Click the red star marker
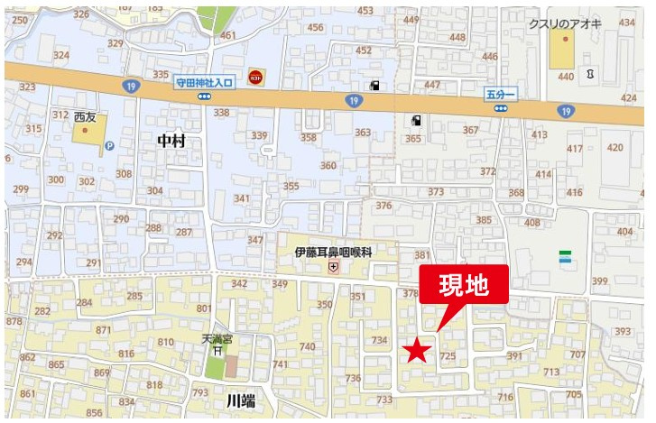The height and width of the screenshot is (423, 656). click(416, 350)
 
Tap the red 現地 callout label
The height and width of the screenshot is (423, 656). click(463, 285)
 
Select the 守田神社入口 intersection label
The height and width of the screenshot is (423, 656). click(204, 82)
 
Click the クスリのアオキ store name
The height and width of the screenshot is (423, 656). click(565, 24)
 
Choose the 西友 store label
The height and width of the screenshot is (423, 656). click(85, 117)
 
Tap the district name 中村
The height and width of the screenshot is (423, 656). click(171, 141)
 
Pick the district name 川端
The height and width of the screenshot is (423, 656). click(241, 400)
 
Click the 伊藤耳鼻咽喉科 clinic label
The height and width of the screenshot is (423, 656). click(333, 253)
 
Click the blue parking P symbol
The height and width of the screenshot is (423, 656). click(109, 145)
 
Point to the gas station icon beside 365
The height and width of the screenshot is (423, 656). click(416, 120)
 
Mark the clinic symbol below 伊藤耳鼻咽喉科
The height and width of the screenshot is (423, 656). click(333, 267)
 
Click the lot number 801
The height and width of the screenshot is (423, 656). click(204, 309)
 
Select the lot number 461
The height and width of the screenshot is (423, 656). click(227, 36)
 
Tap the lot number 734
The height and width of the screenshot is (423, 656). click(380, 341)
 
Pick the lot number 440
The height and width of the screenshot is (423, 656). click(565, 78)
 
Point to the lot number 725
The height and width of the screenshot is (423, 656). click(447, 357)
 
